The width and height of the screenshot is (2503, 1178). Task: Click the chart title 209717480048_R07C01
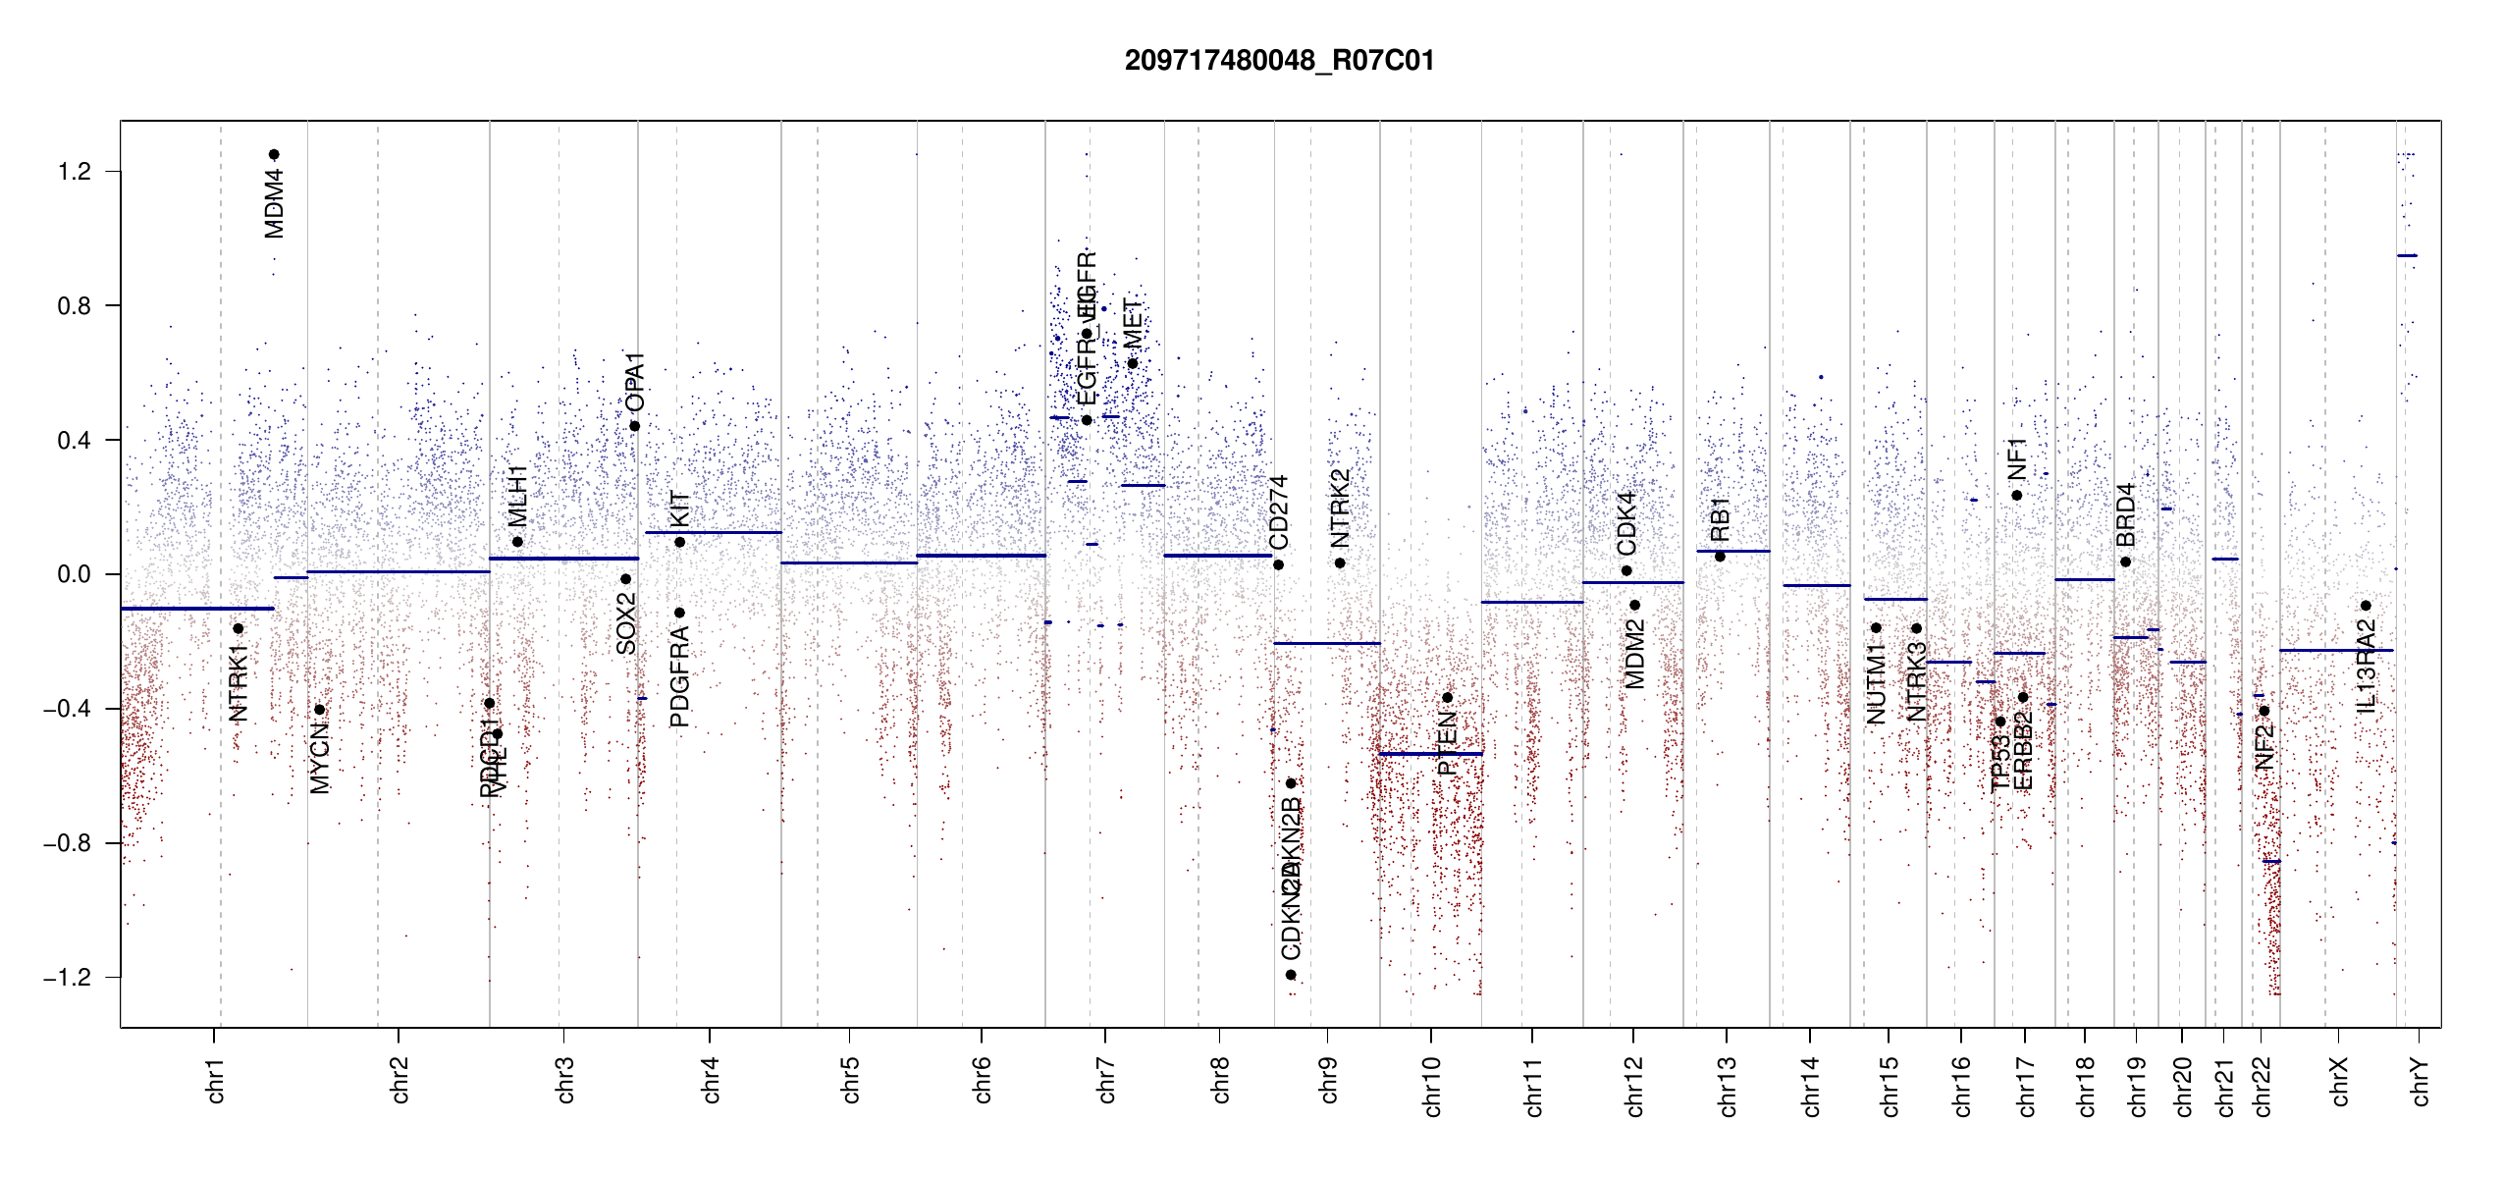[1279, 61]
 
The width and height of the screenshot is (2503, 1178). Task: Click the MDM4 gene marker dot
[275, 154]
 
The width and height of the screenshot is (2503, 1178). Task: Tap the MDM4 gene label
[275, 203]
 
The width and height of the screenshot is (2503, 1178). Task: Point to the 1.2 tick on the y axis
[74, 172]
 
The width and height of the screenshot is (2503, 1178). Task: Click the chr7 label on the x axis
[1106, 1080]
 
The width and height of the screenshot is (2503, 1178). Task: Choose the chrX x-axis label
[2339, 1082]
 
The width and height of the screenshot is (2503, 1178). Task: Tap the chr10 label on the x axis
[1431, 1087]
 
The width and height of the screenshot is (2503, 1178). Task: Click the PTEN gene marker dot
[1447, 698]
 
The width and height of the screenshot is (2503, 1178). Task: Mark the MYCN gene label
[320, 758]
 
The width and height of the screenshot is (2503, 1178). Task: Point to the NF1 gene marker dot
[2017, 496]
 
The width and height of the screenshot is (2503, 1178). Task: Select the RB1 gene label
[1720, 519]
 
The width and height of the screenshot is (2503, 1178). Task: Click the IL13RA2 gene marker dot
[2366, 606]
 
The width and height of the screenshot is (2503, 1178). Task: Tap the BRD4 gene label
[2125, 515]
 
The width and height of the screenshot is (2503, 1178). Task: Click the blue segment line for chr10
[1430, 754]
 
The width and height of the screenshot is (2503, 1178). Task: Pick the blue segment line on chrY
[2407, 256]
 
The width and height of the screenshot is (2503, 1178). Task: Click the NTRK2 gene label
[1340, 509]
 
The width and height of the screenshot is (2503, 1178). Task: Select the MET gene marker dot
[1133, 364]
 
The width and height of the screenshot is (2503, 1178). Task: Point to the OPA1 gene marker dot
[635, 426]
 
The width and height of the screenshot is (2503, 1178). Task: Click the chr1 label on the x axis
[215, 1080]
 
